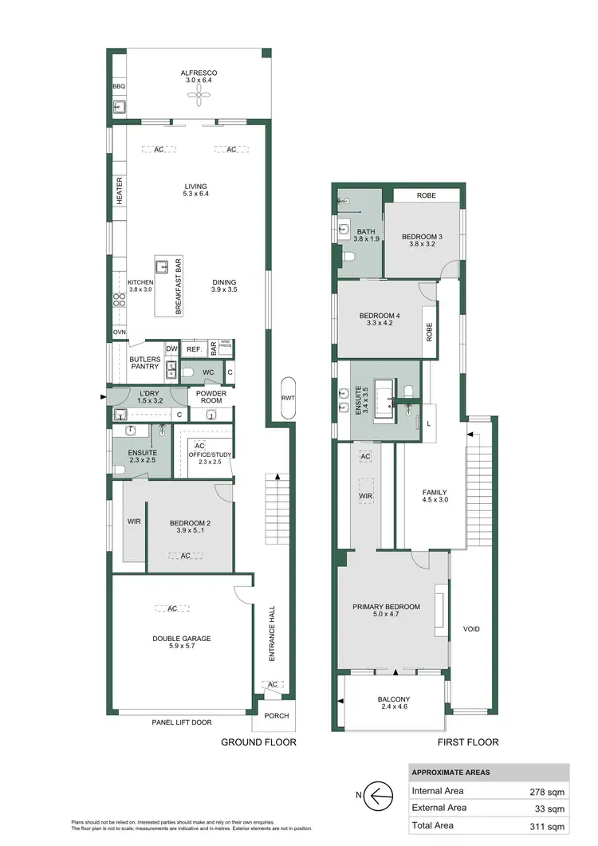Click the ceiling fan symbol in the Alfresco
(x=199, y=96)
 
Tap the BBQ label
(x=119, y=87)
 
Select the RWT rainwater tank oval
(x=287, y=397)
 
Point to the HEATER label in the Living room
(x=120, y=191)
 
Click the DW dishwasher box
(x=171, y=348)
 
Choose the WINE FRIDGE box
(x=226, y=348)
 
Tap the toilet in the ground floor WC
(x=188, y=372)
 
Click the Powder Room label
(x=211, y=396)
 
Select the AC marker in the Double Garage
(x=172, y=609)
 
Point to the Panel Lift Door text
(x=183, y=722)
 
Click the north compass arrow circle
(x=380, y=795)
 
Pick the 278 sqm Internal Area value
(x=547, y=791)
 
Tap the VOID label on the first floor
(x=471, y=629)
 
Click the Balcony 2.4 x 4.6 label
(x=393, y=703)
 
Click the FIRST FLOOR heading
(x=467, y=742)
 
